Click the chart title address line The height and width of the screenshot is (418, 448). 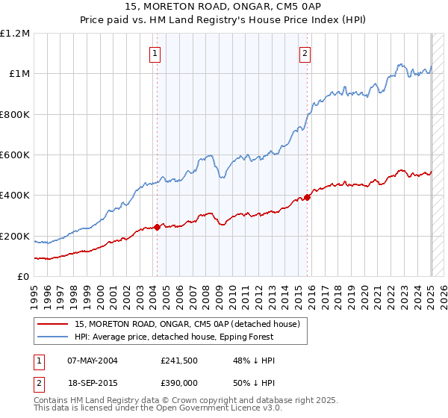(224, 7)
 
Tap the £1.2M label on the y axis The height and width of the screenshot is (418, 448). (15, 34)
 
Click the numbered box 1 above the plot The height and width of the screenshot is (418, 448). (155, 53)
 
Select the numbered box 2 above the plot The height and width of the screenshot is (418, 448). (306, 53)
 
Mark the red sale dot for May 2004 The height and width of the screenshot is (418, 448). (157, 228)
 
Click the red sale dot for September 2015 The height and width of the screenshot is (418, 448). (308, 198)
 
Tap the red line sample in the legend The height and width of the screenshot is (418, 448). (53, 324)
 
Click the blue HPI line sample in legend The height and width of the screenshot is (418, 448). (53, 337)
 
